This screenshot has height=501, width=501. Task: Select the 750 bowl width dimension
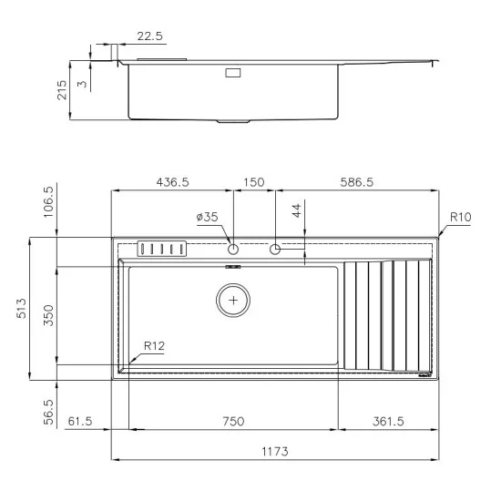point(233,421)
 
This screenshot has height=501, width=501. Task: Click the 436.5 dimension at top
point(171,182)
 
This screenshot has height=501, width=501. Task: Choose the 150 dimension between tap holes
point(254,182)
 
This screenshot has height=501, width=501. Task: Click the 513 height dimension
point(20,308)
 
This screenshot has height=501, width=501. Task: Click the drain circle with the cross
point(234,299)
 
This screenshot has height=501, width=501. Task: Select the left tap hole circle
point(233,249)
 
